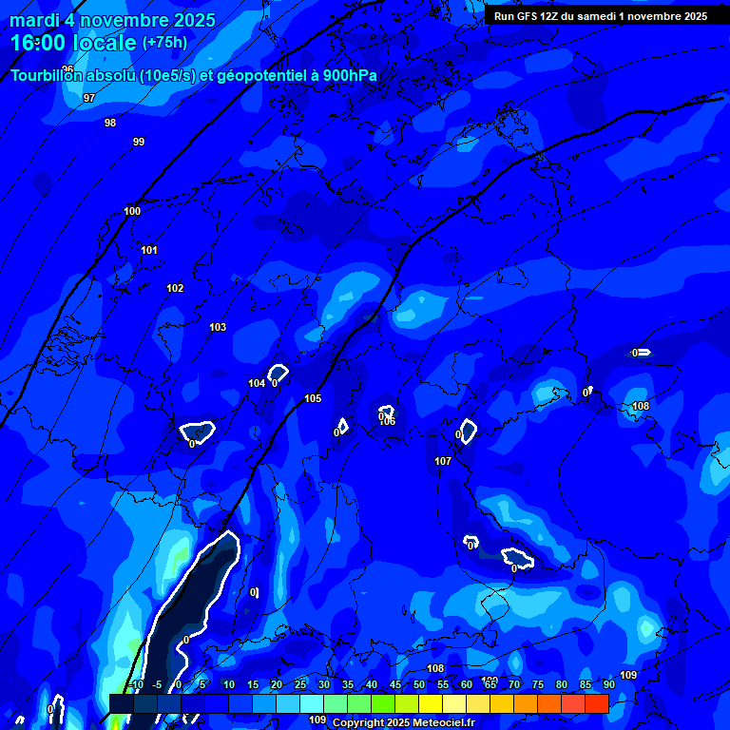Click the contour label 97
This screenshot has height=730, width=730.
coord(89,98)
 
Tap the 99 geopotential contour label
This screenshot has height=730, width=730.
coord(139,142)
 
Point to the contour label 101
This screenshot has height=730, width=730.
coord(149,250)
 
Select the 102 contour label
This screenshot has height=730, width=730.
coord(175,288)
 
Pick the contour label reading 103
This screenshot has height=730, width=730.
coord(218,327)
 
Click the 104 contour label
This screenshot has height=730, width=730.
coord(257,383)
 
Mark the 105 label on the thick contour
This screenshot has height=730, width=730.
coord(313,398)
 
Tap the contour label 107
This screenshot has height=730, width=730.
coord(443,461)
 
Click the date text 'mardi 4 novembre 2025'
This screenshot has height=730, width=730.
coord(112,20)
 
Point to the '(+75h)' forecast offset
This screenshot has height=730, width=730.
coord(164,43)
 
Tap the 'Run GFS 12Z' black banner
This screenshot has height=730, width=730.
coord(601,16)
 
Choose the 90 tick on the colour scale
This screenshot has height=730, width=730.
coord(608,684)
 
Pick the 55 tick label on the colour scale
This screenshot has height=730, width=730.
coord(443,684)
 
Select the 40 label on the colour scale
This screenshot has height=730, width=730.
coord(372,684)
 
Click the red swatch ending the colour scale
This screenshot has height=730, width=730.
coord(597,703)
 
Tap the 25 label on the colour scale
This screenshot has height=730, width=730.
coord(300,684)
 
